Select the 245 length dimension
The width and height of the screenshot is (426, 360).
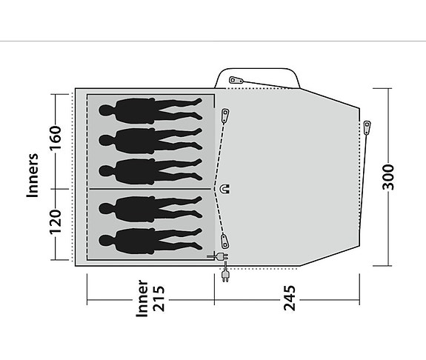click(290, 301)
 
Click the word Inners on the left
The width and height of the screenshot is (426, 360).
click(33, 176)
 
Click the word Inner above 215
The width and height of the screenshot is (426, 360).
click(142, 299)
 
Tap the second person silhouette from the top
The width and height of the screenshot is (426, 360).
click(148, 138)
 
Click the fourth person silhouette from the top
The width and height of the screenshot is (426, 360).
click(148, 207)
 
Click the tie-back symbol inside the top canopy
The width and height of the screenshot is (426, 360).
click(236, 80)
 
